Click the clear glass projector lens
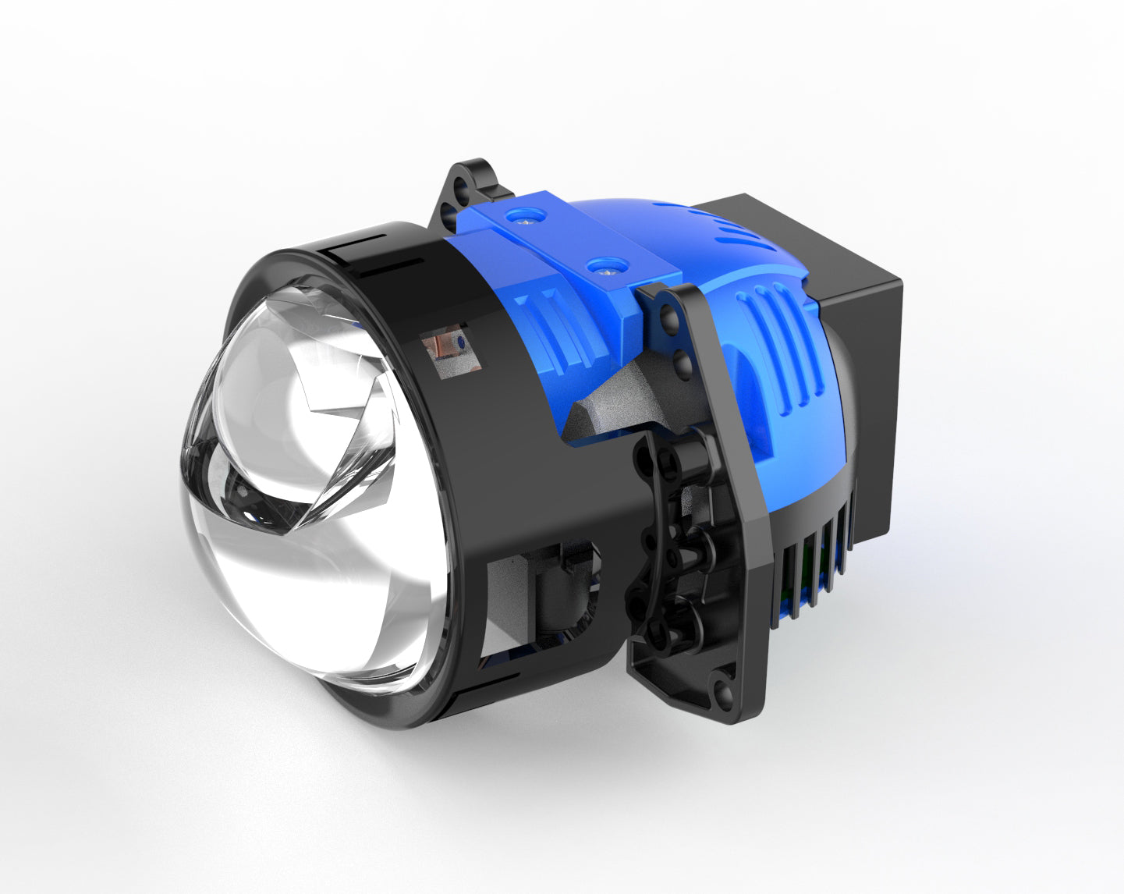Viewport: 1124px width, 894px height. [312, 499]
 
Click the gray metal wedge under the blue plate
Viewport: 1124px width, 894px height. [616, 406]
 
